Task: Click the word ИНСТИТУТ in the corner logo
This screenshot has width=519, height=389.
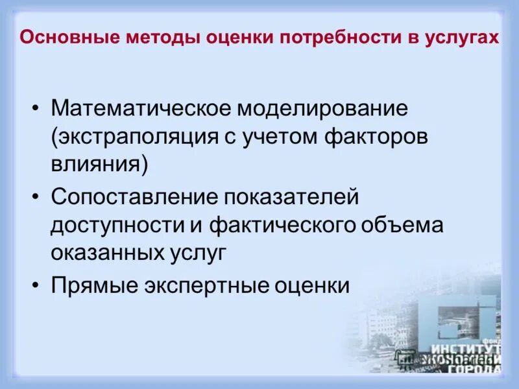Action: coord(470,348)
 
